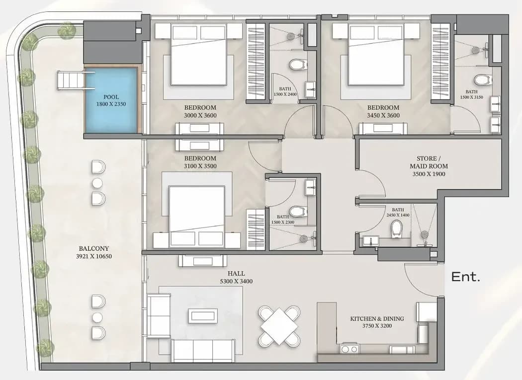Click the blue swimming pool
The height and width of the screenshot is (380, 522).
(111, 100)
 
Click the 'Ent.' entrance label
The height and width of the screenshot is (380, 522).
(465, 277)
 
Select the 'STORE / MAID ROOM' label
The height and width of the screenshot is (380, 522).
(429, 162)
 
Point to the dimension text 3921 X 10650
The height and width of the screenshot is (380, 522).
(94, 256)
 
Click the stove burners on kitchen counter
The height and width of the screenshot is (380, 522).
(348, 349)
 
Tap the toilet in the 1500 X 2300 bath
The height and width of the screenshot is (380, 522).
(297, 211)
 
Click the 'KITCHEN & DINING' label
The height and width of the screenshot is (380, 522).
(377, 318)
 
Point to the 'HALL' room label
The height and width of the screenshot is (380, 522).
(236, 274)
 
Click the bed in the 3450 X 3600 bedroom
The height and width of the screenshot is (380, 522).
(376, 55)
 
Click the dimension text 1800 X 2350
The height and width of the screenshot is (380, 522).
(111, 104)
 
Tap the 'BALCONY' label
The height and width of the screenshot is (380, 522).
(94, 248)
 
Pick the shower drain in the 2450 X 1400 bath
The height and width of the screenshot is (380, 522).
(424, 234)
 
